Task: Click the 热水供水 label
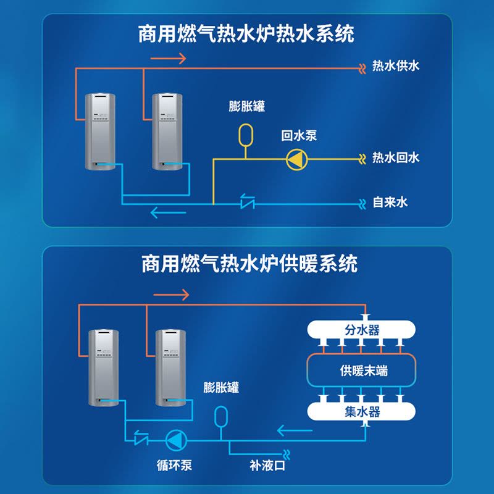pos(396,66)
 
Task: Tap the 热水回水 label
pos(396,157)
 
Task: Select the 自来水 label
pos(390,202)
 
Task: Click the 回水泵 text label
pos(299,135)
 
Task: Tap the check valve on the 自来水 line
pos(248,201)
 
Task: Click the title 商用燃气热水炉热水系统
pos(246,34)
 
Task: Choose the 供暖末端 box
pos(364,371)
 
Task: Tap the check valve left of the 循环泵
pos(141,439)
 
